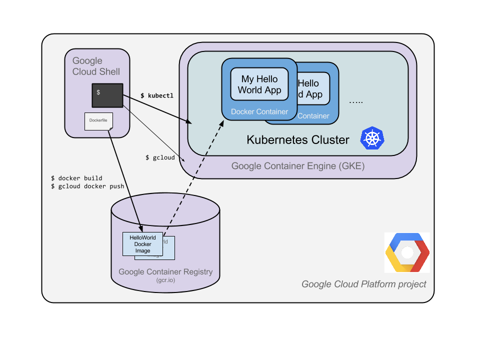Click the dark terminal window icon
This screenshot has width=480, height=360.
(107, 95)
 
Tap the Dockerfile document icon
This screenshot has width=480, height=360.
(98, 121)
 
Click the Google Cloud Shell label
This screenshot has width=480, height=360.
(96, 66)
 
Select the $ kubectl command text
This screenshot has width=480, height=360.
(156, 95)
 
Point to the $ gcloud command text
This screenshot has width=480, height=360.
(160, 157)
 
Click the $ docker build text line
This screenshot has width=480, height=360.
(76, 178)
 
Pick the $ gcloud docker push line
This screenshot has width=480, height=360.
(87, 186)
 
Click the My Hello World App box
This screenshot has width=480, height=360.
(259, 84)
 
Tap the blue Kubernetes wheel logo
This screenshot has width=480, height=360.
(372, 138)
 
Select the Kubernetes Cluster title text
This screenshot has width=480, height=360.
(297, 139)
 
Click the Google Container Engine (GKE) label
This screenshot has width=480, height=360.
(297, 166)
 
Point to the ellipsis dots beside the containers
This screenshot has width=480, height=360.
(355, 101)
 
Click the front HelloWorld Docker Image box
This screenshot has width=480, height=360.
(142, 244)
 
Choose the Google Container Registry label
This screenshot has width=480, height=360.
(165, 272)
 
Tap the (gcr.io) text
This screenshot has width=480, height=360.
(165, 280)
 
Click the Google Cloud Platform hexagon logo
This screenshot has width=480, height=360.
(407, 252)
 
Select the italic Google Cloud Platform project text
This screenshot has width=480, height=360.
(363, 284)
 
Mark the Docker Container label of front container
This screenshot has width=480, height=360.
(259, 111)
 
